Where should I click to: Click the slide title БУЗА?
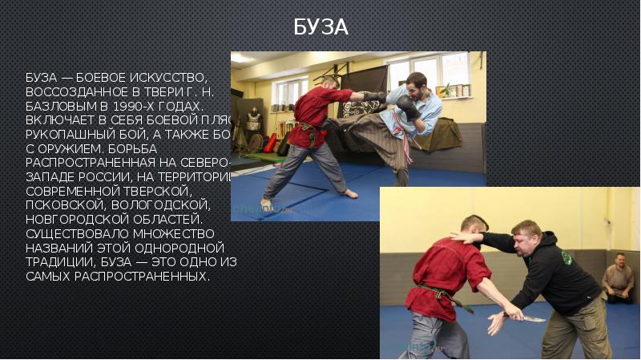coord(320,27)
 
